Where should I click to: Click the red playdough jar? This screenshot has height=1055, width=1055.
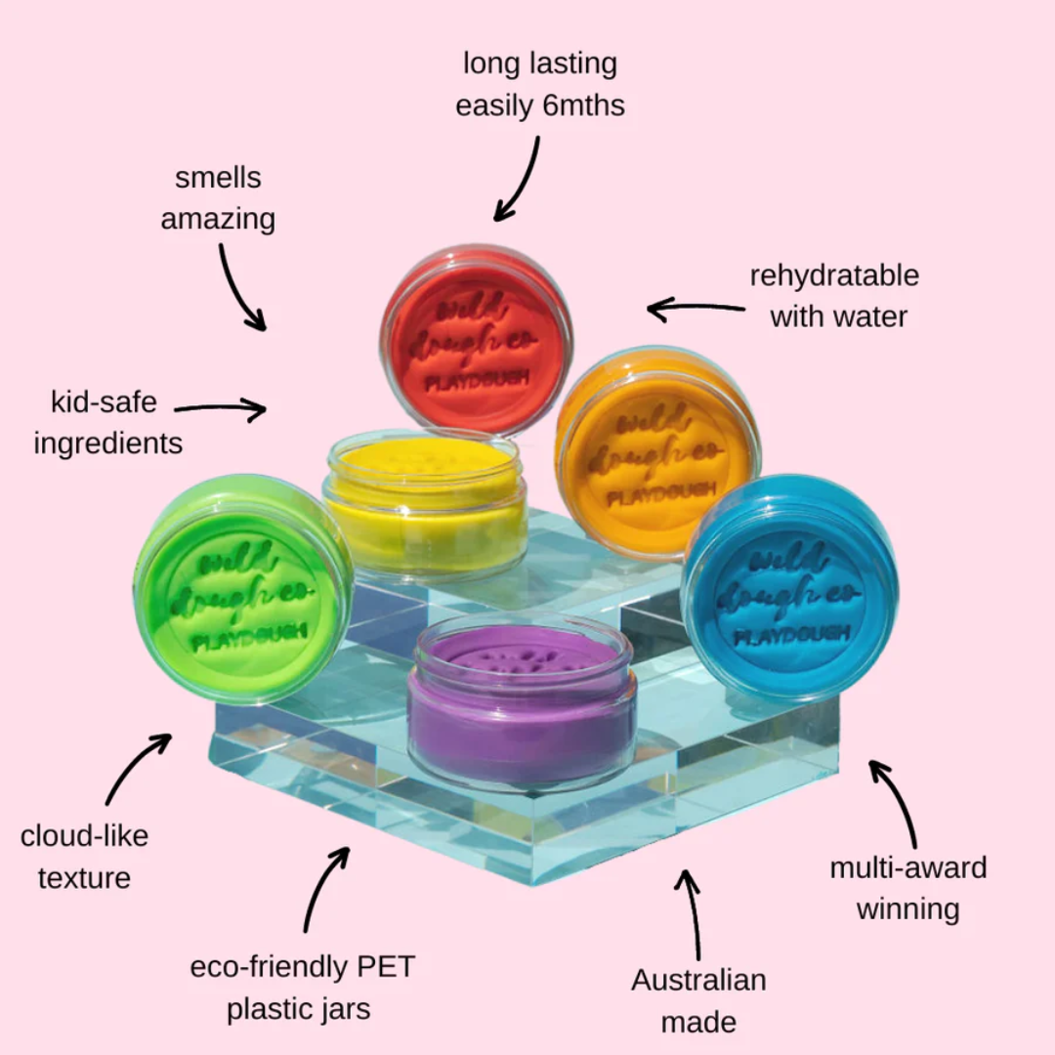pyautogui.click(x=477, y=337)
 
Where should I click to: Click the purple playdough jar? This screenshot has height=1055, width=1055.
pyautogui.click(x=522, y=703)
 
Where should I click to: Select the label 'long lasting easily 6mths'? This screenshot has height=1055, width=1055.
pyautogui.click(x=540, y=84)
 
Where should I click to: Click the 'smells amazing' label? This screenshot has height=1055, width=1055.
pyautogui.click(x=218, y=198)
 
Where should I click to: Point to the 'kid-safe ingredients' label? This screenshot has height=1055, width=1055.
pyautogui.click(x=107, y=422)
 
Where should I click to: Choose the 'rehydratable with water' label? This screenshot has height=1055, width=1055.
pyautogui.click(x=835, y=295)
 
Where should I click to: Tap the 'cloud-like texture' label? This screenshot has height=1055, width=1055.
pyautogui.click(x=85, y=857)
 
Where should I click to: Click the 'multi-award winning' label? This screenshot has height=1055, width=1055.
pyautogui.click(x=908, y=888)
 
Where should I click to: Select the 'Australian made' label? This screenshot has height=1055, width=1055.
pyautogui.click(x=698, y=1000)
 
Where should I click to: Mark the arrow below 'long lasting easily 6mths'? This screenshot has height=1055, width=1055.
pyautogui.click(x=520, y=179)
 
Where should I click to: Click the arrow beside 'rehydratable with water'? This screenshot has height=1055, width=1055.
pyautogui.click(x=695, y=310)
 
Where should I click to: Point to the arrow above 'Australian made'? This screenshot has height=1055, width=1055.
pyautogui.click(x=693, y=913)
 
